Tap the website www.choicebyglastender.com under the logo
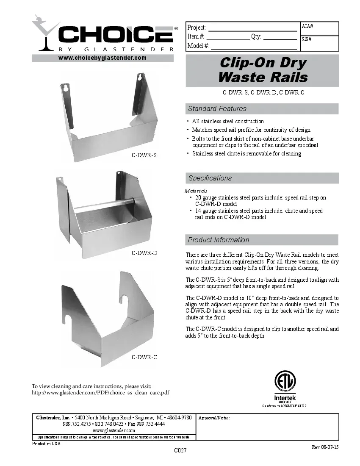pyautogui.click(x=102, y=58)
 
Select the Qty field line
pyautogui.click(x=280, y=37)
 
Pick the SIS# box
pyautogui.click(x=319, y=43)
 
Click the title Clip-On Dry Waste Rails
pyautogui.click(x=263, y=70)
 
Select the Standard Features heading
pyautogui.click(x=217, y=109)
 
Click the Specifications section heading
pyautogui.click(x=210, y=178)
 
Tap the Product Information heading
pyautogui.click(x=219, y=240)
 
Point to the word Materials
pyautogui.click(x=196, y=191)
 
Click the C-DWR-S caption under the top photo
pyautogui.click(x=144, y=155)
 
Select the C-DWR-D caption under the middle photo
pyautogui.click(x=144, y=253)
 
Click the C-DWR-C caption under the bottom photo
pyautogui.click(x=144, y=357)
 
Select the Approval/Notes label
pyautogui.click(x=214, y=418)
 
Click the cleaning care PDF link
pyautogui.click(x=101, y=393)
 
